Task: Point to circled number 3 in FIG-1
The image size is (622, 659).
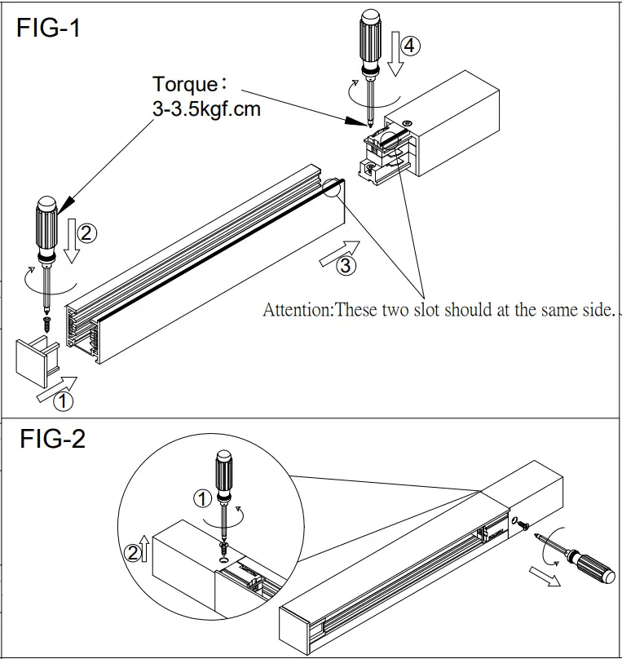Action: [x=345, y=265]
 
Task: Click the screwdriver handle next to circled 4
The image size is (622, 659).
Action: [x=373, y=38]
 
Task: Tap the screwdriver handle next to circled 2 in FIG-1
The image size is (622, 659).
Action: [x=46, y=219]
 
